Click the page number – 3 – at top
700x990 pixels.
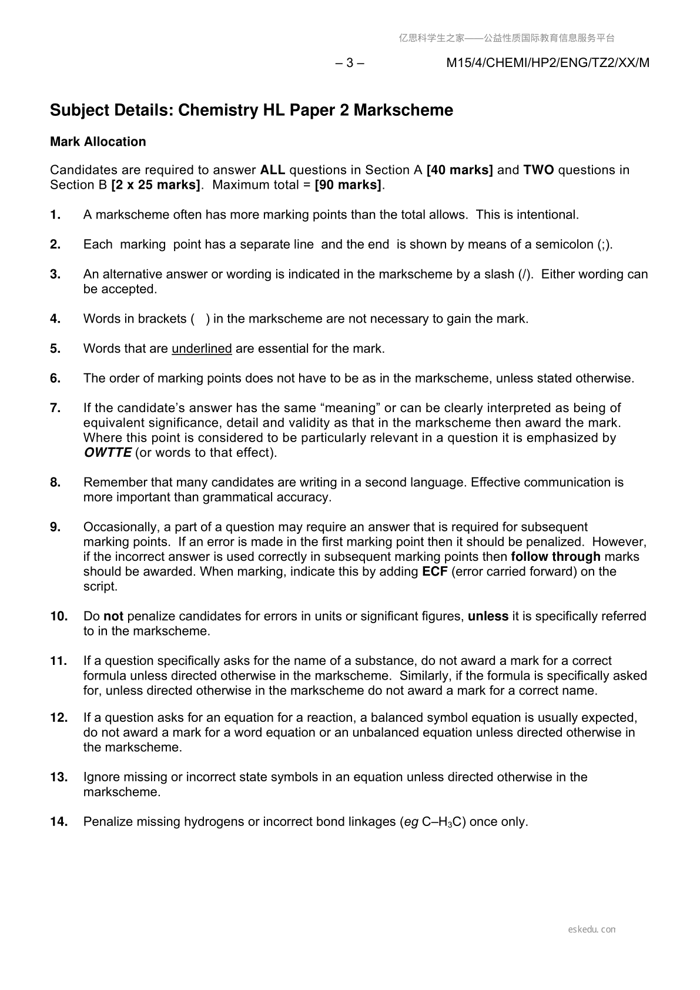click(349, 63)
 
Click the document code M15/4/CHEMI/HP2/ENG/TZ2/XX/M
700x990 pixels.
click(548, 63)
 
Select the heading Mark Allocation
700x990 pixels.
click(98, 142)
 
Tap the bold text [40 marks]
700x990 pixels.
click(460, 170)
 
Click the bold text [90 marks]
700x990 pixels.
click(348, 185)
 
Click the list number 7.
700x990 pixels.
click(55, 408)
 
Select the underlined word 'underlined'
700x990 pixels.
click(202, 349)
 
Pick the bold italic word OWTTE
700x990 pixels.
click(107, 453)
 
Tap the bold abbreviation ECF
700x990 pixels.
click(435, 571)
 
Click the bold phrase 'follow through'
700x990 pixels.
click(555, 557)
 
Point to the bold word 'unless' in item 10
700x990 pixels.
click(488, 616)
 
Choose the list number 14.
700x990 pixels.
click(59, 822)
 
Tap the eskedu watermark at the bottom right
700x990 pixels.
click(592, 929)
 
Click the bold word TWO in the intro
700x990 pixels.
click(538, 170)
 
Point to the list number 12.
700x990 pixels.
click(59, 718)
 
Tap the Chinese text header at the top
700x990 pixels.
click(507, 38)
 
